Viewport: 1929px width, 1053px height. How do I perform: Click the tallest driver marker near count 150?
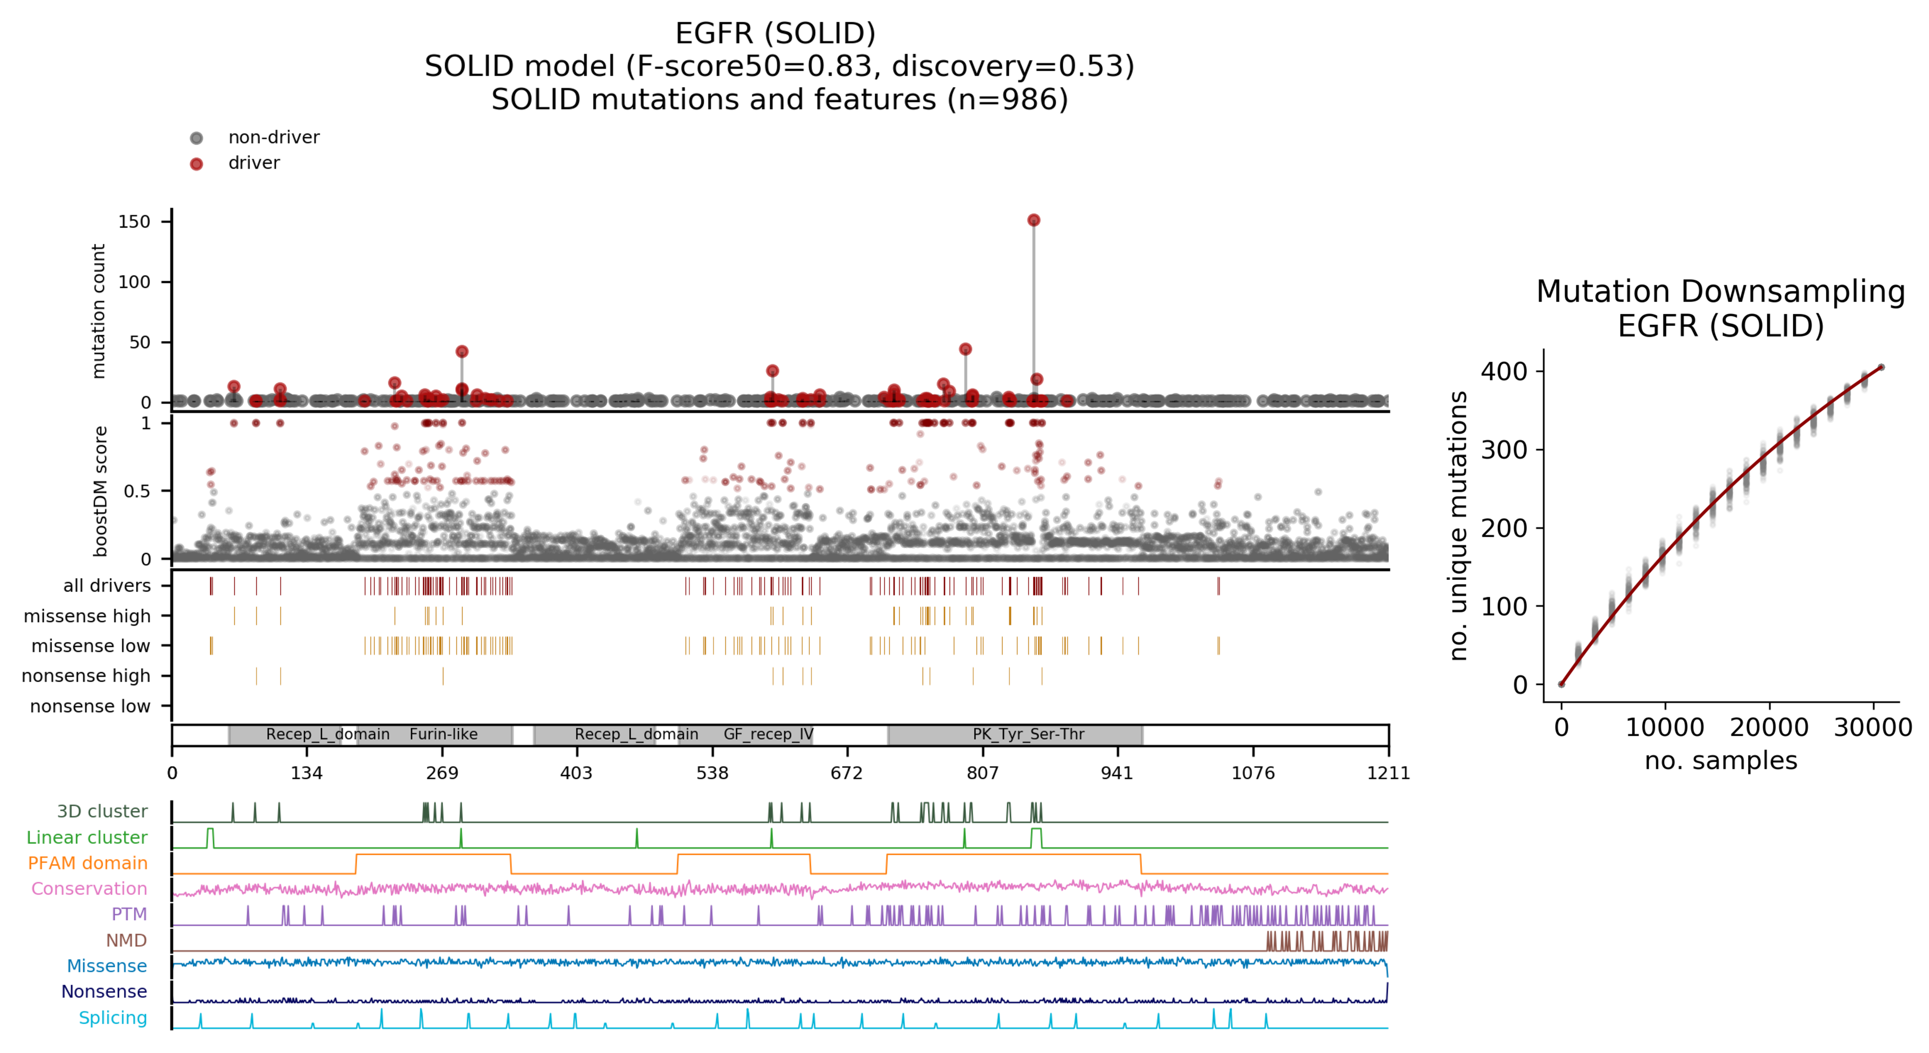1033,220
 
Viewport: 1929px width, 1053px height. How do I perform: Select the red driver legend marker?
196,164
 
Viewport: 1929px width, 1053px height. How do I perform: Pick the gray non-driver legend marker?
196,138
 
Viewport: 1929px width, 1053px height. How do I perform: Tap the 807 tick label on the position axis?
982,773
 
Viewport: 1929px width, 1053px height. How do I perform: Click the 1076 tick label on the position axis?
1253,773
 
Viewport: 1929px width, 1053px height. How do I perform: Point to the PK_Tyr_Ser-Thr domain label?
1028,734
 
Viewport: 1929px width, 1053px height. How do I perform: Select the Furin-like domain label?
443,734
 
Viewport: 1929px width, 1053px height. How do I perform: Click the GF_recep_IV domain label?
768,734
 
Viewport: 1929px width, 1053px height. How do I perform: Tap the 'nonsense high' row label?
86,675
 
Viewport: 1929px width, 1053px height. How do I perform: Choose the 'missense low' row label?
91,646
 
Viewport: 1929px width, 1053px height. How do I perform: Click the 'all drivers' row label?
107,586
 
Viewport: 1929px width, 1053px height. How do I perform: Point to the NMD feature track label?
126,940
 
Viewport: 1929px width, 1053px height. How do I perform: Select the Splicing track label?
113,1018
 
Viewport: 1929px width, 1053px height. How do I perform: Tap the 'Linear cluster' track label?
87,837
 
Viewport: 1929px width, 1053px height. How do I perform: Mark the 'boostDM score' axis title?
100,491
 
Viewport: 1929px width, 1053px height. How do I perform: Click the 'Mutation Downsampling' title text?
1720,291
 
